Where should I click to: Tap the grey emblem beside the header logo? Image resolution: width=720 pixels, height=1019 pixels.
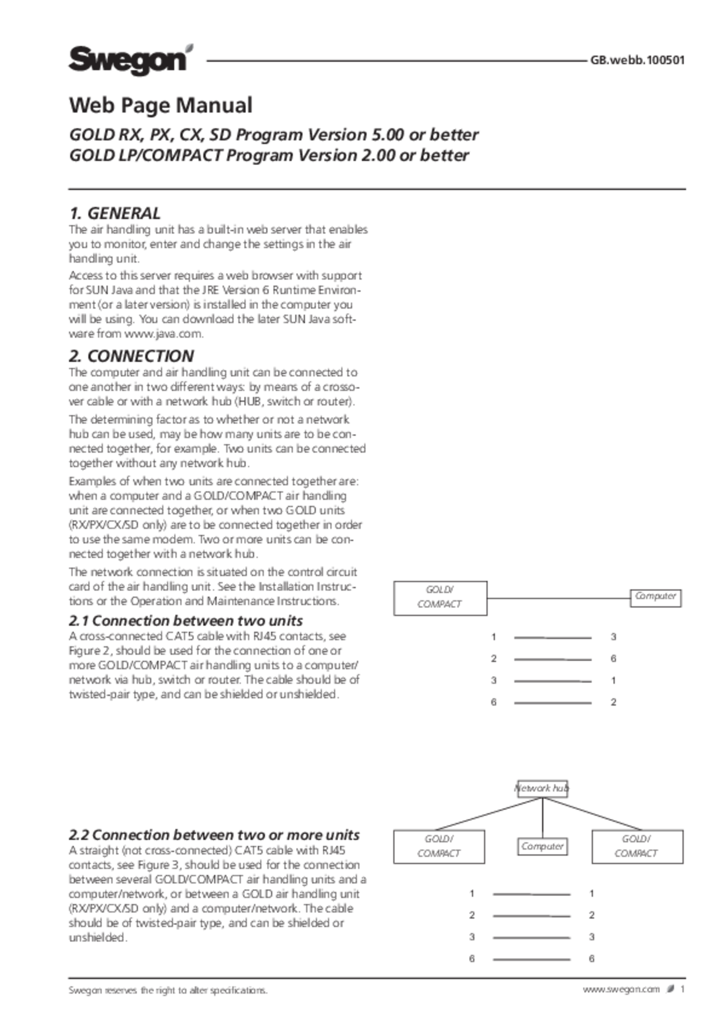pos(189,49)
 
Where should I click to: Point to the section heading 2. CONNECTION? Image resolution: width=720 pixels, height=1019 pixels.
pos(131,356)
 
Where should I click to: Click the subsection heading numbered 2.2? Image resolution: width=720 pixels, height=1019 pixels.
pos(214,835)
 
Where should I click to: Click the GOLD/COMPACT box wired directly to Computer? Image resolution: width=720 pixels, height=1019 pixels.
pos(440,598)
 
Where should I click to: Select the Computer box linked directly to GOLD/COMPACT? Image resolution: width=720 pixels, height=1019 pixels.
pos(655,597)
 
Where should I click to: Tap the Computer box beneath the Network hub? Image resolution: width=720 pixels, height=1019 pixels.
pos(542,846)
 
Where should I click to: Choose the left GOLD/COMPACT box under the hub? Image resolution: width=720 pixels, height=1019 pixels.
pos(439,846)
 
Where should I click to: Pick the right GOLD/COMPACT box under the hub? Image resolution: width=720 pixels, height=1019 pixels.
pos(637,846)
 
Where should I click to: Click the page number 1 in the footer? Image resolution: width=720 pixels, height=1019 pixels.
pos(683,989)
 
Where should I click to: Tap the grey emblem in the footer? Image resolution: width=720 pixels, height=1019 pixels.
pos(670,988)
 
